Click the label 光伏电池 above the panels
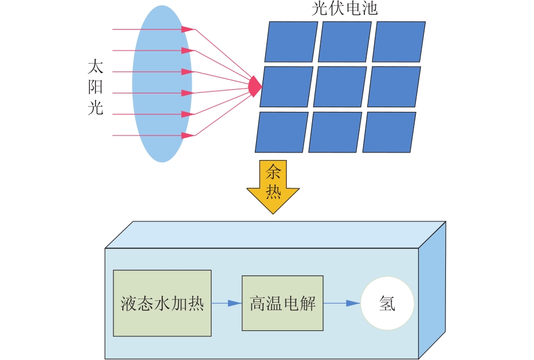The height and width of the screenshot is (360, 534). pos(345,8)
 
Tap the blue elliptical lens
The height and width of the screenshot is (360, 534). pos(162,83)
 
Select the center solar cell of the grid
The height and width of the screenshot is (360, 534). pos(340,86)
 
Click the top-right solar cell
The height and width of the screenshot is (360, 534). pos(399,42)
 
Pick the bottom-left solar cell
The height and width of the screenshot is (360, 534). pos(281,132)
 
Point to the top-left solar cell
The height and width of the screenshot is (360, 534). pos(291,42)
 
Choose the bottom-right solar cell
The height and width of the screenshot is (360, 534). pos(389,132)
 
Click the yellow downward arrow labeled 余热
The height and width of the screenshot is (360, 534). pos(273,187)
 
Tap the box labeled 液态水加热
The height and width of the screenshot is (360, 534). pos(162,303)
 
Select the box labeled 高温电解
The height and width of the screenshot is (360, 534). pos(283,303)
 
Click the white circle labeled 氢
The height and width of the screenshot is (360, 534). pos(387,303)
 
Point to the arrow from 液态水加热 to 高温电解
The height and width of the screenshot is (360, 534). pos(226,303)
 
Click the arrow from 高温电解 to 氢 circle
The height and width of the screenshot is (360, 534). pos(342,303)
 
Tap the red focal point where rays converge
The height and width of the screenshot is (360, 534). pos(255,86)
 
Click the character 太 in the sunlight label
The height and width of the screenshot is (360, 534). pos(96,67)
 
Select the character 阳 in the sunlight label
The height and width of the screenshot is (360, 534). pos(96,87)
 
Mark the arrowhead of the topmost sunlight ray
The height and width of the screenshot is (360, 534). pos(188,30)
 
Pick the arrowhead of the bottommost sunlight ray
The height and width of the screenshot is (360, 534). pos(188,135)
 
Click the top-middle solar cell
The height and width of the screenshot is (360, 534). pos(345,42)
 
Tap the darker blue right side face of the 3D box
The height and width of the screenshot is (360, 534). pos(432,290)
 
